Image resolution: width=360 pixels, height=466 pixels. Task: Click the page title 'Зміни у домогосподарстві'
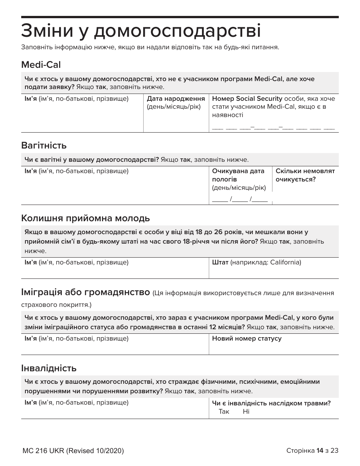tap(141, 31)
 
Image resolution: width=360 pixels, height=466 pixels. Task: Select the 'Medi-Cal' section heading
tap(41, 65)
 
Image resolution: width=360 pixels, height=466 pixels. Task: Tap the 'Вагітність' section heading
tap(44, 145)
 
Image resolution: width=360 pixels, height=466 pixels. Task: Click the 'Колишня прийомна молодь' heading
tap(86, 218)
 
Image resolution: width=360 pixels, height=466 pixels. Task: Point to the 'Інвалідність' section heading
tap(49, 368)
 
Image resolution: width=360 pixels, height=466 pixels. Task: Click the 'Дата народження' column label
tap(176, 99)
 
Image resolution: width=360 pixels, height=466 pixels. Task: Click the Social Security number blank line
tap(273, 128)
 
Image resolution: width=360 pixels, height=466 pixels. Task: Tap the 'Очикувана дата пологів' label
tap(238, 175)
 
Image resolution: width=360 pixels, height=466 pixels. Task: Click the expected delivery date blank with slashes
tap(239, 200)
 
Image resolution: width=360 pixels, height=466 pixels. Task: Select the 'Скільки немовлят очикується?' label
tap(305, 175)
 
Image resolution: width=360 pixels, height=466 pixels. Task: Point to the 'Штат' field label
tap(220, 262)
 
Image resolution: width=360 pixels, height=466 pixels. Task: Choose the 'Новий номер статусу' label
tap(247, 338)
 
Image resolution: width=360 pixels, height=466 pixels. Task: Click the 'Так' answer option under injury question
tap(224, 411)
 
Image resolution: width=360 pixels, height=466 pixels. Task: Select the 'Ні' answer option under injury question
tap(246, 411)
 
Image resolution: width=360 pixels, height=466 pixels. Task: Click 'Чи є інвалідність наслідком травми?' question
tap(271, 403)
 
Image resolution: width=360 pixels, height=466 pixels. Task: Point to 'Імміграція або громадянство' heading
tap(86, 292)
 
